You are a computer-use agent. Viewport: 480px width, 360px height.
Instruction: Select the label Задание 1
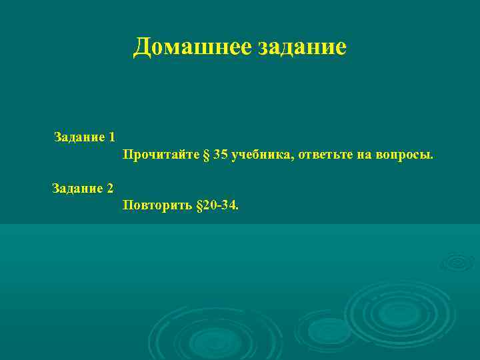[x=85, y=137]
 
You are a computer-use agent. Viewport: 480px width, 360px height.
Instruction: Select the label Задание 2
[x=83, y=188]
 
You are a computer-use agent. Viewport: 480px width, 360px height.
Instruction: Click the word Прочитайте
[x=161, y=155]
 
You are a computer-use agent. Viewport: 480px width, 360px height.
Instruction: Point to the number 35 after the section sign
[x=221, y=155]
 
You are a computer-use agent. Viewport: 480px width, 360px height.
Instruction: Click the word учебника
[x=262, y=155]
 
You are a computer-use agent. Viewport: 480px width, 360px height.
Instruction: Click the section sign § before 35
[x=206, y=155]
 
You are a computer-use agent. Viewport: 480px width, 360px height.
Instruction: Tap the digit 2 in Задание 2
[x=109, y=188]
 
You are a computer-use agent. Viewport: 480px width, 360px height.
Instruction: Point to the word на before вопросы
[x=367, y=155]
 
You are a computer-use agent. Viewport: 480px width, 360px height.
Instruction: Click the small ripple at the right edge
[x=459, y=262]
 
